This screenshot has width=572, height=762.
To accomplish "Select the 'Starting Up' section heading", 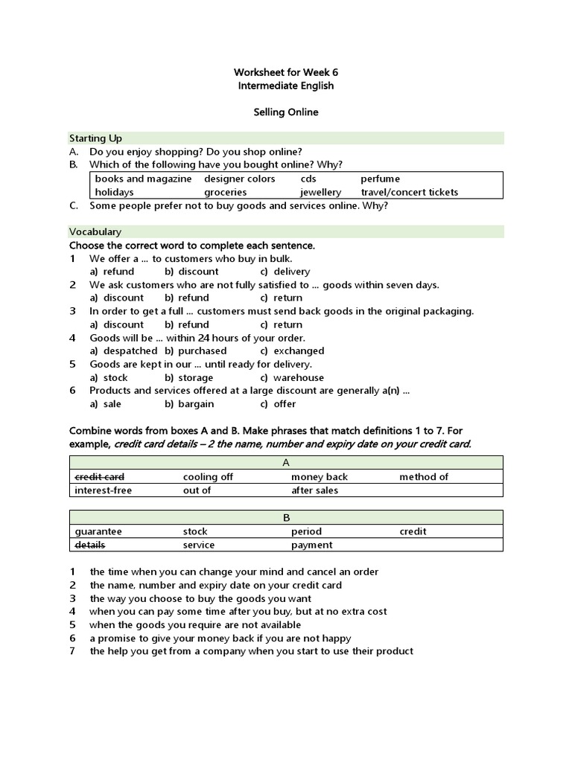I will (96, 138).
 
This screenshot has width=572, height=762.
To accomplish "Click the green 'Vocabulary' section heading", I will (95, 232).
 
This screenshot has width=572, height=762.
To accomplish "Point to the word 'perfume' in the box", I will (380, 179).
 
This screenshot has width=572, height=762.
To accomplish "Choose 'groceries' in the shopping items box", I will (226, 192).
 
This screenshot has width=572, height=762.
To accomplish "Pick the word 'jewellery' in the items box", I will (321, 192).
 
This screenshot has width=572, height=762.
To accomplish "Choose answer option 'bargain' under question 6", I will (196, 404).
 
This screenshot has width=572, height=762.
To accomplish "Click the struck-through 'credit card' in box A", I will (100, 477).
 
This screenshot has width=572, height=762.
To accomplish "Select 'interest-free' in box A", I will (104, 490).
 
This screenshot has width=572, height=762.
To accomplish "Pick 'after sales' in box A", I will (314, 490).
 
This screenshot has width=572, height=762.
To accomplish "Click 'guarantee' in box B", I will (98, 532).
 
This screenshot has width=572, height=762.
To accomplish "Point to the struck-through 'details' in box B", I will (90, 545).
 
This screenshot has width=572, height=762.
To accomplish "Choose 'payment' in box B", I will (312, 545).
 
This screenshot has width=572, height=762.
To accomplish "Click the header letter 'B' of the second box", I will (287, 518).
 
